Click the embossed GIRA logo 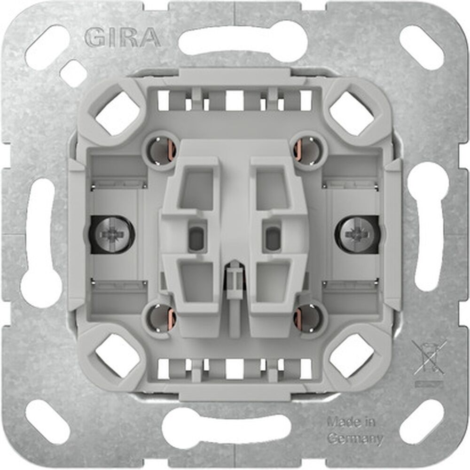pyautogui.click(x=122, y=37)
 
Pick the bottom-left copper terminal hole pyautogui.click(x=162, y=318)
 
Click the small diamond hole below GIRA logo pyautogui.click(x=72, y=73)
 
